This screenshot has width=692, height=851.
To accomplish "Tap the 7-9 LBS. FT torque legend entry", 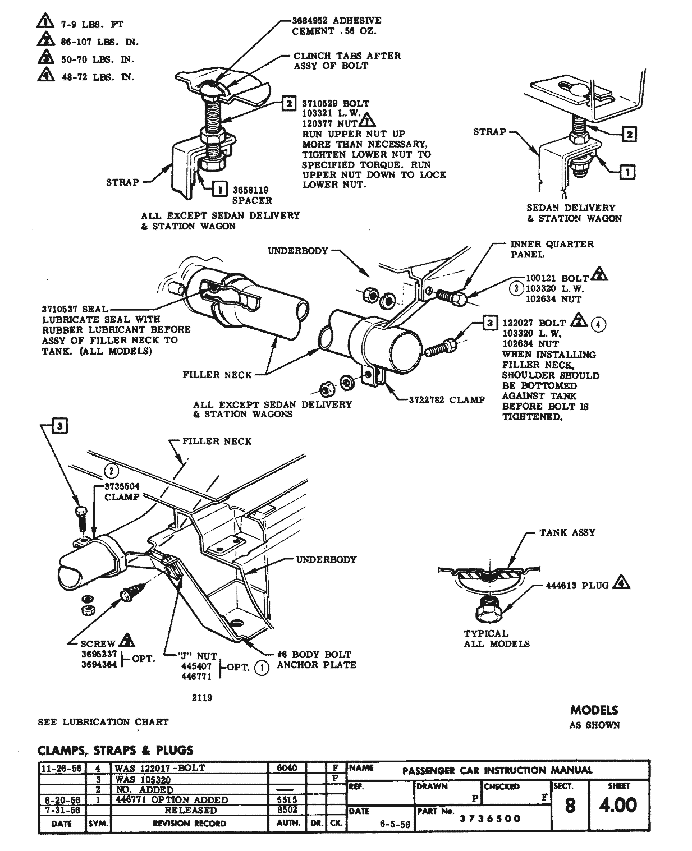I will pos(91,25).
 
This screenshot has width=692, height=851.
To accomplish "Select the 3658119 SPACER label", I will pos(252,195).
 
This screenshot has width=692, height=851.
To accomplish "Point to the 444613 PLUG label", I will pos(577,586).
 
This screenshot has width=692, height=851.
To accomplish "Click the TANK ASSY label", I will pos(567,532).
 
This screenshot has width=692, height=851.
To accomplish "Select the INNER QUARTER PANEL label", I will pos(552,249).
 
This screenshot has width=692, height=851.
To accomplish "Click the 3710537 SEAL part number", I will pos(62,309).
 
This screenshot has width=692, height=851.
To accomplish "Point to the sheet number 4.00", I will pos(617,806).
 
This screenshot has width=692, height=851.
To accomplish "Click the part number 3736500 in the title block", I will pos(490,818).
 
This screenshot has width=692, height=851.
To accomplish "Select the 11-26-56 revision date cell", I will pos(61,768).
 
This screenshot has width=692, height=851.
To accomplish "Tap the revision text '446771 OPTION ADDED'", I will pos(171,800).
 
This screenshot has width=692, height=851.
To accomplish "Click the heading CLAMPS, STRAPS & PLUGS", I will pos(115,750).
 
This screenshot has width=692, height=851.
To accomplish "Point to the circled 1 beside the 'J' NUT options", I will pos(261,668).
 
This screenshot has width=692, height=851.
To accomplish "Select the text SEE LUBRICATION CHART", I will pos(103,722).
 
